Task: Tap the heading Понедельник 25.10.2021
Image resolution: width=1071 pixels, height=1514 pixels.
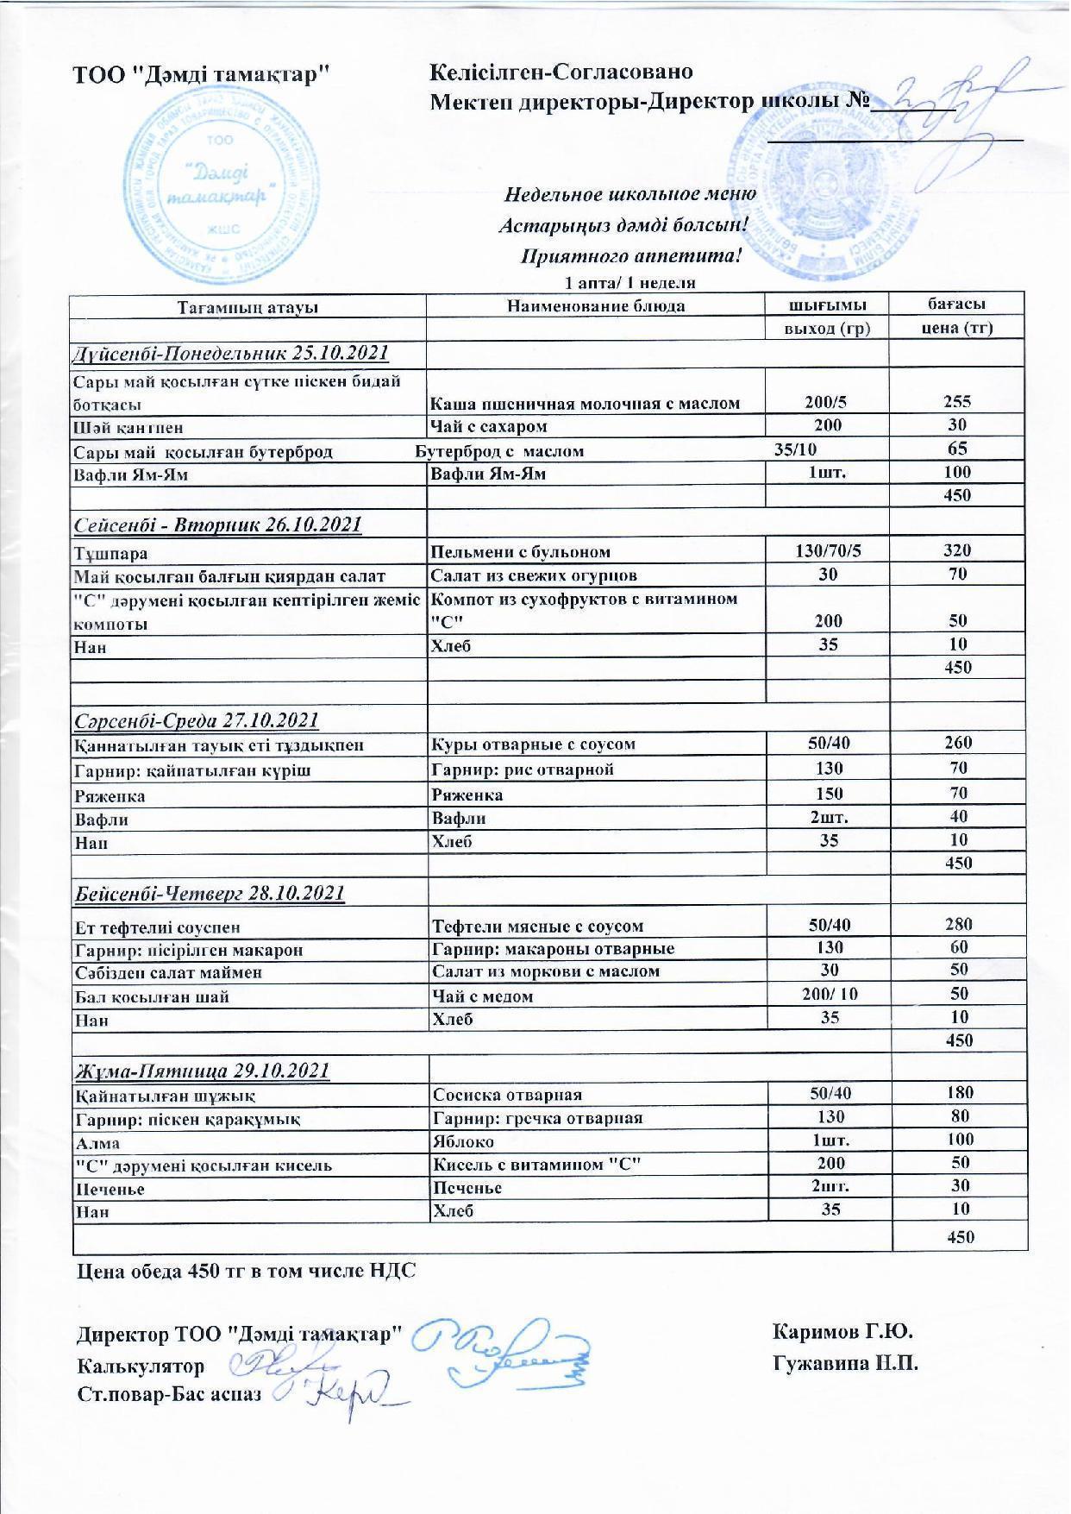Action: pos(229,353)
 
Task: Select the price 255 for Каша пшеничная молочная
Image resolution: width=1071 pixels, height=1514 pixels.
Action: pos(956,401)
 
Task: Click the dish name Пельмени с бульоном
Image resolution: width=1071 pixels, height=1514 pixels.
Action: pos(521,552)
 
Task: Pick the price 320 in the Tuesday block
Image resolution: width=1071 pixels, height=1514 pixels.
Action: pos(956,550)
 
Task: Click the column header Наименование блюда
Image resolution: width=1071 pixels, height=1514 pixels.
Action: pos(596,305)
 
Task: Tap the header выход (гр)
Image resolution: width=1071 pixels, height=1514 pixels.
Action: pos(827,328)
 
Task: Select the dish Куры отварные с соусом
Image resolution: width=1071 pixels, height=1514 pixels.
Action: pos(533,744)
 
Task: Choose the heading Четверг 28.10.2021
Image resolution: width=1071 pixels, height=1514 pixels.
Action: pos(210,893)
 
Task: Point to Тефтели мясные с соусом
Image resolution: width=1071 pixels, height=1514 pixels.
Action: pos(538,927)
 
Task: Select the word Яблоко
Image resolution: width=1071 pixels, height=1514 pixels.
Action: pos(463,1141)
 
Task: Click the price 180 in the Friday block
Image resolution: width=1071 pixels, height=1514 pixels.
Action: pos(959,1093)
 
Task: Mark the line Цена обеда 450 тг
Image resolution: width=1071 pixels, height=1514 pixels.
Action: pos(247,1271)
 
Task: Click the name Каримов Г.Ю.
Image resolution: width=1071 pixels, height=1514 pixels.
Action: pos(843,1332)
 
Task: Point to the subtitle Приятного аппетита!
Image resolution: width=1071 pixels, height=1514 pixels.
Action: pos(630,256)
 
